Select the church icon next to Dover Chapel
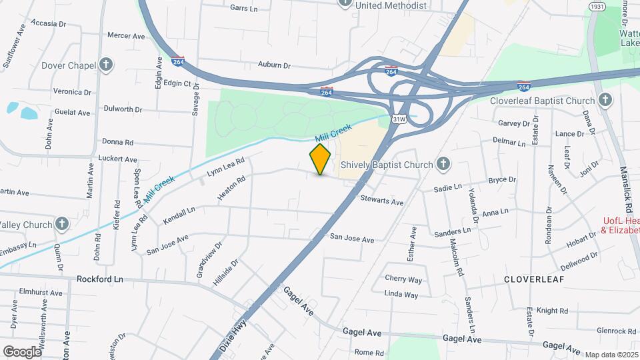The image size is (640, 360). [105, 65]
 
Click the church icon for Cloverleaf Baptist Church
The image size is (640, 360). [605, 101]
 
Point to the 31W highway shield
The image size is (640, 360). [399, 119]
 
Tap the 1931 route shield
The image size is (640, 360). [596, 6]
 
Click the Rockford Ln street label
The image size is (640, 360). [100, 279]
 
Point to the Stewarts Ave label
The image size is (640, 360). [382, 201]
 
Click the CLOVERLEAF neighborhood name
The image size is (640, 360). [533, 279]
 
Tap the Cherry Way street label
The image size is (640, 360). [403, 279]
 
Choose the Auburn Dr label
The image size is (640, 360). [275, 65]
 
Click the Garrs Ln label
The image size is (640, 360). [243, 8]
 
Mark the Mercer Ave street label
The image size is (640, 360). [126, 35]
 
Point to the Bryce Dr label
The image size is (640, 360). [502, 180]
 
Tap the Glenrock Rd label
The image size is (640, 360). [616, 331]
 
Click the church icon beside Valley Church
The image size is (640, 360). [62, 224]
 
